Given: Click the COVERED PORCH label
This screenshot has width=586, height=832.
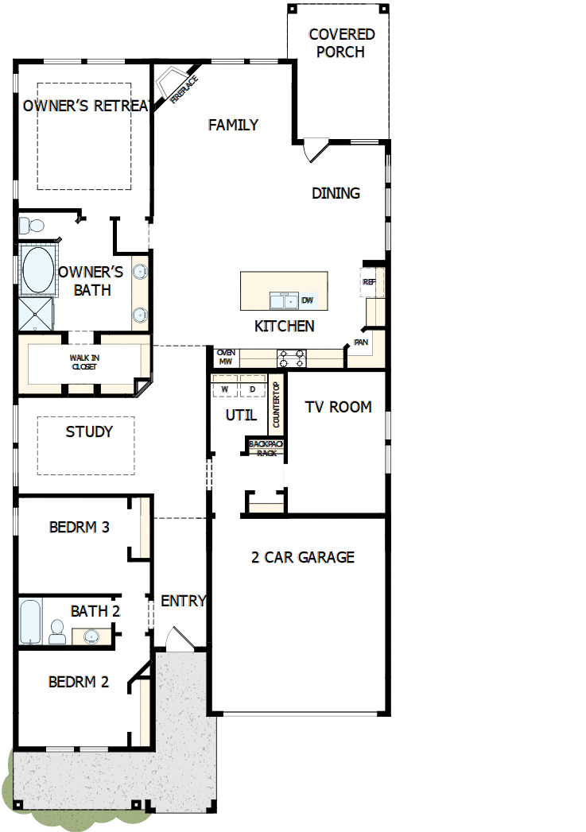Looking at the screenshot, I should [x=341, y=44].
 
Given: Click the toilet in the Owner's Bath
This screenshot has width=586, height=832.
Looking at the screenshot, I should [x=25, y=225].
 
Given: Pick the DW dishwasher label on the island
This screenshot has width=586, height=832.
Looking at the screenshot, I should [x=308, y=300].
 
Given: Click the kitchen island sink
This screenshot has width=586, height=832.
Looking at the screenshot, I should [x=283, y=300].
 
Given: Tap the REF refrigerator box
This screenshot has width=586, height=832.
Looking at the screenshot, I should [x=370, y=282].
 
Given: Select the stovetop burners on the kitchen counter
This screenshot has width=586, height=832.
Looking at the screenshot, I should [x=291, y=358].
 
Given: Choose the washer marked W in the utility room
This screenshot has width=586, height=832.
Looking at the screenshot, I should [x=225, y=389].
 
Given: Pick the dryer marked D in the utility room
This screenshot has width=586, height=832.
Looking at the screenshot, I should [x=252, y=389].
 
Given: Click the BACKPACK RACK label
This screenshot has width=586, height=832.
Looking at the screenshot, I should [x=266, y=448].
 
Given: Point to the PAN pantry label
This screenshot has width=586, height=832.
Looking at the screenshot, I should [x=361, y=342].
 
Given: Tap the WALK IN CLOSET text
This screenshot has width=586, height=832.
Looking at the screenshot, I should [x=84, y=362].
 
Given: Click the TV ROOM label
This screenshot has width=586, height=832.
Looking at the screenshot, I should [x=338, y=407].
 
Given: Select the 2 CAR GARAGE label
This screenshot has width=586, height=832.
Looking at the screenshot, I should [x=303, y=557].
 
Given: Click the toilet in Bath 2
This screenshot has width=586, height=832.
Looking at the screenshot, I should [x=57, y=632].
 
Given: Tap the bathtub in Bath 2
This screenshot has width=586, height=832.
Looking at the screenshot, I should [x=30, y=622].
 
